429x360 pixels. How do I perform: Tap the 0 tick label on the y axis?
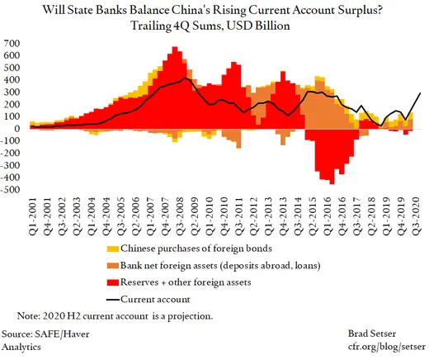point(16,128)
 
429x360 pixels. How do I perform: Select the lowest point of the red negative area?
point(332,183)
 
